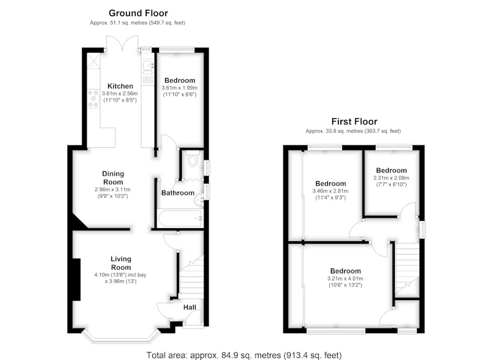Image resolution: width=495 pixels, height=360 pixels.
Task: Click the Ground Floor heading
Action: point(138,13)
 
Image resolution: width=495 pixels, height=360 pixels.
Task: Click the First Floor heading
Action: point(354,121)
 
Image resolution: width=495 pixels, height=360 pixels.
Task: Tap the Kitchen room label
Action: point(120,86)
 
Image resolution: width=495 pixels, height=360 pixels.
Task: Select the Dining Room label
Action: point(113,178)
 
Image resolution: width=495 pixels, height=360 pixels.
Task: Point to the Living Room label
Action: point(121,263)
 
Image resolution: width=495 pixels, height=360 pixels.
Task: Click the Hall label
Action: point(190,307)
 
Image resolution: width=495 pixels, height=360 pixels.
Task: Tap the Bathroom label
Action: point(178,193)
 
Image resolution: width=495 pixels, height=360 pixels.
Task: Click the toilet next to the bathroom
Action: point(192,159)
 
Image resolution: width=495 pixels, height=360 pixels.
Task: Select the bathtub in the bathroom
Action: point(180,218)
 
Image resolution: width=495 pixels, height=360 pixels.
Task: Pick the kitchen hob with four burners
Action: point(93,98)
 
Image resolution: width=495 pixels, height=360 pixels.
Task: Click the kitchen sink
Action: point(148,66)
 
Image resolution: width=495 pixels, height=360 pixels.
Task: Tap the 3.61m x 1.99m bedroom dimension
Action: point(179,88)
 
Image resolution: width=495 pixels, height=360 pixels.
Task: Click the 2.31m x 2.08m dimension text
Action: point(391,178)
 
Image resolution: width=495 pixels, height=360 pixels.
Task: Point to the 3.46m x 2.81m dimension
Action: point(330,191)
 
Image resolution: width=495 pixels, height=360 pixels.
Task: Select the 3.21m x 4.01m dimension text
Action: point(345,278)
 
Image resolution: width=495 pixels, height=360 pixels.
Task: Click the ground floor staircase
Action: point(192,275)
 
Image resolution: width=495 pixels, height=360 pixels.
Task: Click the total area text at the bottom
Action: point(244,355)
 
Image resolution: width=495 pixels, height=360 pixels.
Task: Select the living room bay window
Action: point(121,337)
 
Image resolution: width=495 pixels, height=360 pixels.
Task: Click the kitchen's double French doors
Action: point(122,43)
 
